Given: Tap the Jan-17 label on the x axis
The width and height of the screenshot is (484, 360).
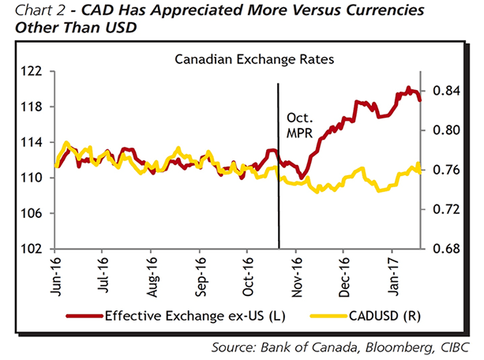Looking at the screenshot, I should [x=394, y=273].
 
